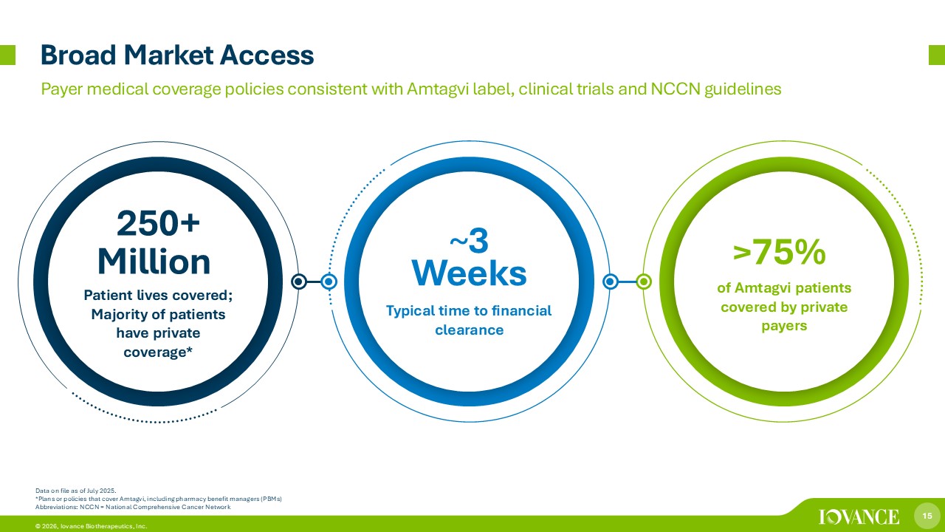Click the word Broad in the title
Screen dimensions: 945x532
78,55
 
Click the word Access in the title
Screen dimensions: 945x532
267,55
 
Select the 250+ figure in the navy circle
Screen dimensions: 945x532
158,223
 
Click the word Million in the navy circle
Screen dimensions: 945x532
154,262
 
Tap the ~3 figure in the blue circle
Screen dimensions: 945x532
469,241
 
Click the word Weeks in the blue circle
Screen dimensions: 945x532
469,273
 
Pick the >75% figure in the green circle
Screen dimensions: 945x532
779,252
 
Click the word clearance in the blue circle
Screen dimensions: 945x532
469,330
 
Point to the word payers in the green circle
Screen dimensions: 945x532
784,326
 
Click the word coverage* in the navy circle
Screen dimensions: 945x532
158,352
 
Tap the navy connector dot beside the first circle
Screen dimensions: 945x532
299,282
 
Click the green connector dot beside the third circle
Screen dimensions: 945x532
644,282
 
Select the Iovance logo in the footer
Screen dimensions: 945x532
859,516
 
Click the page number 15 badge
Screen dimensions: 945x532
927,516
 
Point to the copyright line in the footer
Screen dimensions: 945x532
91,526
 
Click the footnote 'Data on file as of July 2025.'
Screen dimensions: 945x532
75,491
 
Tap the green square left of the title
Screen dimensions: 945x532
7,55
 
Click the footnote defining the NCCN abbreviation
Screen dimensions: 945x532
133,507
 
